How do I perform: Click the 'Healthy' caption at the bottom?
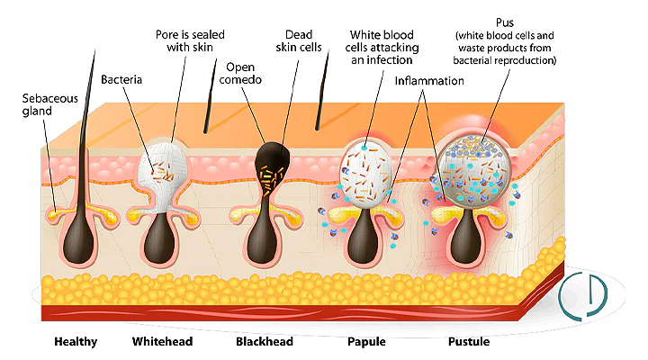(x=76, y=342)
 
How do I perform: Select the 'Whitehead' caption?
(x=162, y=342)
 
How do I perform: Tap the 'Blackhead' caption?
(x=265, y=342)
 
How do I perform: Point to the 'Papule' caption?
(x=367, y=342)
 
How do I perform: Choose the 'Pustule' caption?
(x=469, y=342)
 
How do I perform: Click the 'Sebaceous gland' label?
(x=48, y=105)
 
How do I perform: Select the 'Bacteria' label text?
(x=123, y=79)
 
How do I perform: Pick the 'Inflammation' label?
(x=429, y=81)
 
